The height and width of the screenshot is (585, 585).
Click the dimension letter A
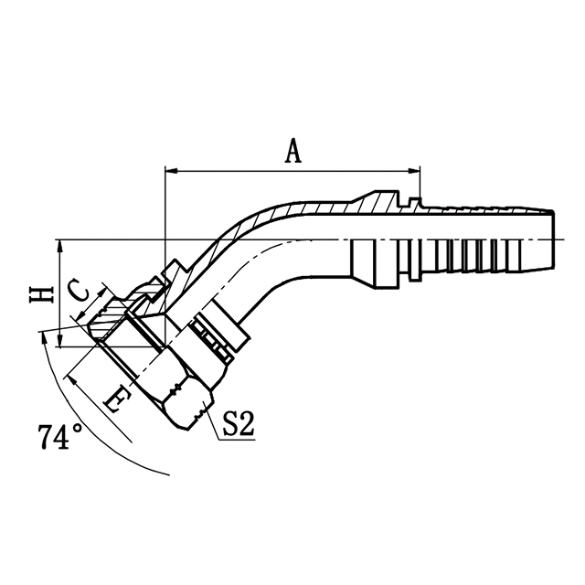292,151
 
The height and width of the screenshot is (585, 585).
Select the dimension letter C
80,291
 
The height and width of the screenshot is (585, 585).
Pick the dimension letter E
114,399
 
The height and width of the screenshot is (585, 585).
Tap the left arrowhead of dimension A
170,170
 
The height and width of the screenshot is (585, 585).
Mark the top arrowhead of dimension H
58,246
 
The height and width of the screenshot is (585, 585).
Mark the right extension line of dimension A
420,183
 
